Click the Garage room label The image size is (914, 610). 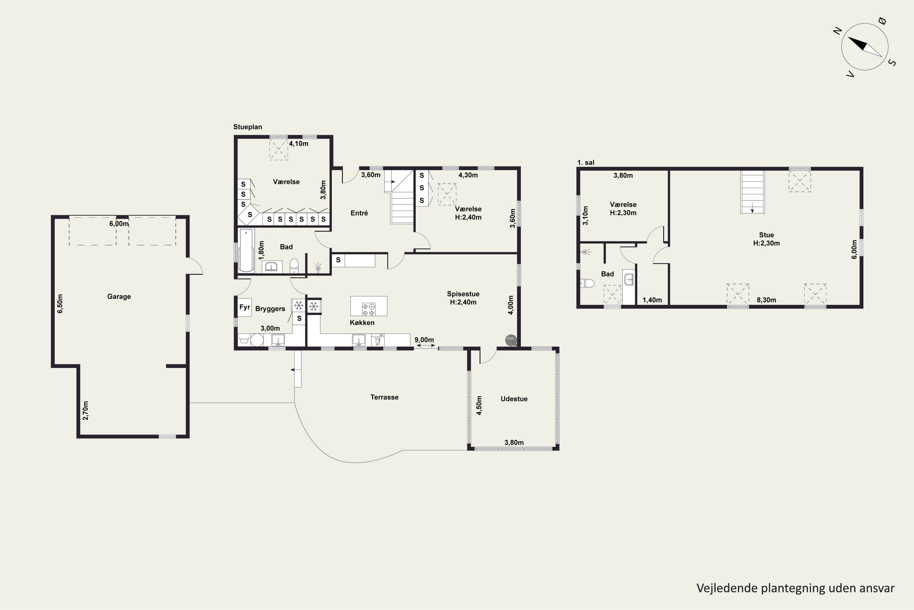tap(119, 296)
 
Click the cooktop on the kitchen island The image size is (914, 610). tap(369, 309)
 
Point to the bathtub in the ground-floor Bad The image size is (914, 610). tap(246, 250)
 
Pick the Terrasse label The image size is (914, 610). tap(384, 397)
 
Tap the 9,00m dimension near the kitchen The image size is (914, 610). tap(424, 340)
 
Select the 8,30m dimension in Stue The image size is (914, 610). tap(766, 300)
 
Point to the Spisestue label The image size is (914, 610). tap(463, 294)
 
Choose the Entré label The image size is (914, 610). tap(359, 213)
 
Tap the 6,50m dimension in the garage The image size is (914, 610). tap(60, 304)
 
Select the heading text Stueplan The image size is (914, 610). tap(247, 127)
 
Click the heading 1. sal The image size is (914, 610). tap(586, 163)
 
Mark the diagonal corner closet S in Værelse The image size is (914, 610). tap(249, 215)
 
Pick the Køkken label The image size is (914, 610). tap(362, 322)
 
